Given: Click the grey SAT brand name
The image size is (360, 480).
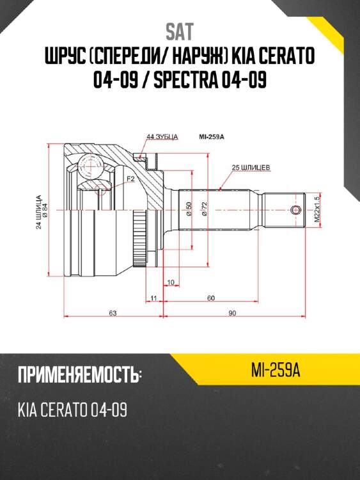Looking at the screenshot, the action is pos(180,32).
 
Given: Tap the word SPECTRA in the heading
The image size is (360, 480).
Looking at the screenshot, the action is pos(185,79).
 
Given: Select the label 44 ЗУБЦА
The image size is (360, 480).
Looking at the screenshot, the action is pos(162,137).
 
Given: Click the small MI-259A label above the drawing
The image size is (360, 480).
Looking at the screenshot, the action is pos(212,137).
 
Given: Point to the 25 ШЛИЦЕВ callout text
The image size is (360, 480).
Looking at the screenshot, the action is pos(251,168).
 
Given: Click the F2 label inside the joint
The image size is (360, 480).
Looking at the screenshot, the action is pos(130,179).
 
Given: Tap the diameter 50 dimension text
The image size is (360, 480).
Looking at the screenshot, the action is pos(189,209).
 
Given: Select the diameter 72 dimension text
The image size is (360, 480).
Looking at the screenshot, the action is pos(205,209).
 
